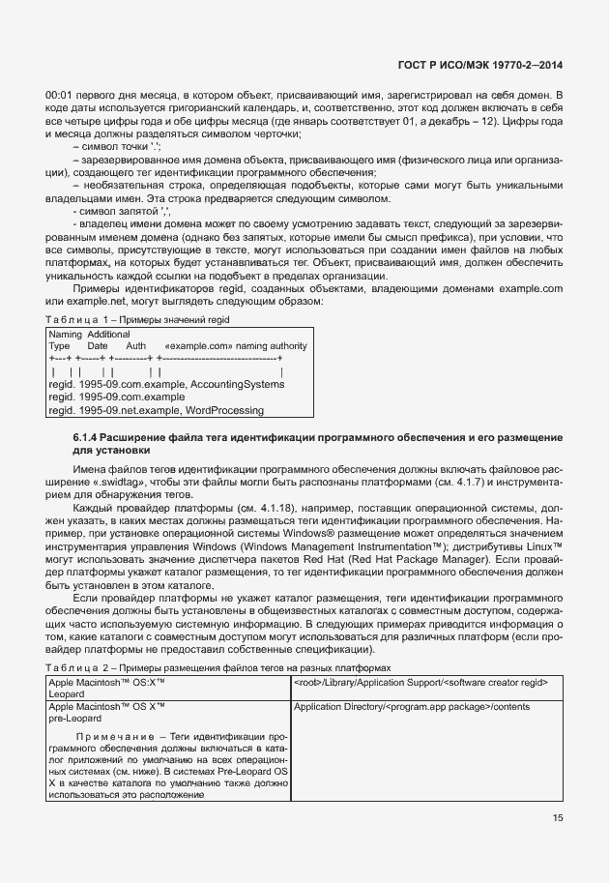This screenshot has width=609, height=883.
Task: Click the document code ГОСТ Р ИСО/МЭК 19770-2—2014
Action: click(480, 65)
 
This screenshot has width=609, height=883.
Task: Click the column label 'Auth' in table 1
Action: click(136, 346)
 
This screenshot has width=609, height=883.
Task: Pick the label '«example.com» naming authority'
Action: click(237, 346)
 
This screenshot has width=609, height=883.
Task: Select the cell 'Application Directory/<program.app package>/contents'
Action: click(411, 707)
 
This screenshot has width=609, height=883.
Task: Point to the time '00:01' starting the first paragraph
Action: click(61, 95)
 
